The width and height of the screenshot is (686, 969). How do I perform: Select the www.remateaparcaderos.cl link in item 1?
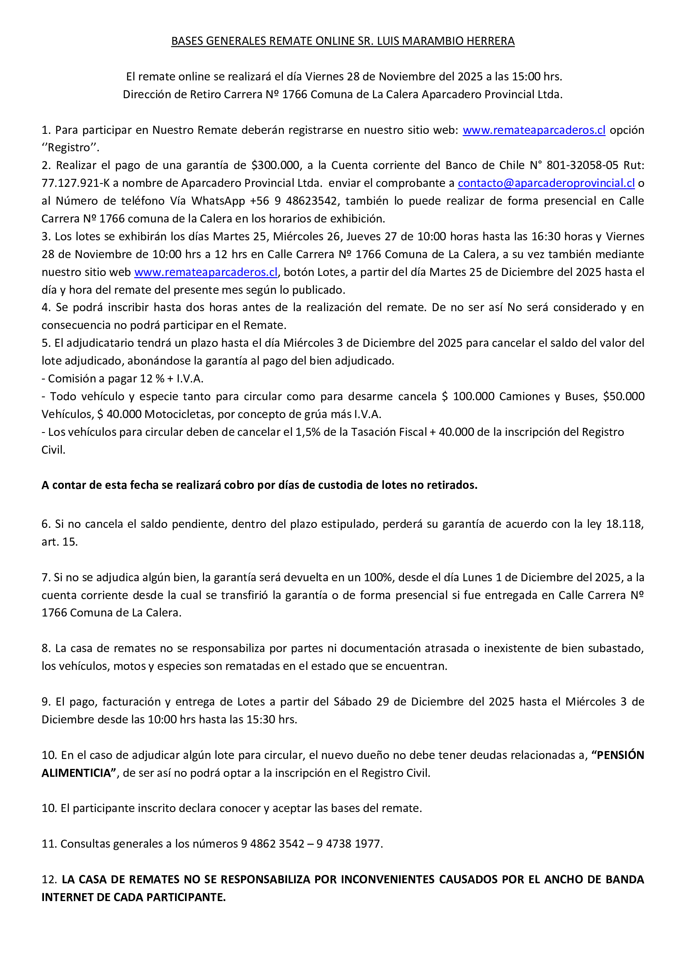pyautogui.click(x=533, y=130)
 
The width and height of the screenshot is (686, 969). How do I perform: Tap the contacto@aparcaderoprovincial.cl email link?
pyautogui.click(x=546, y=183)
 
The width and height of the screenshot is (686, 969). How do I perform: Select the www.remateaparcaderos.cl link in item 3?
pyautogui.click(x=206, y=272)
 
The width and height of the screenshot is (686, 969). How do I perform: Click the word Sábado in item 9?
pyautogui.click(x=353, y=701)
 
